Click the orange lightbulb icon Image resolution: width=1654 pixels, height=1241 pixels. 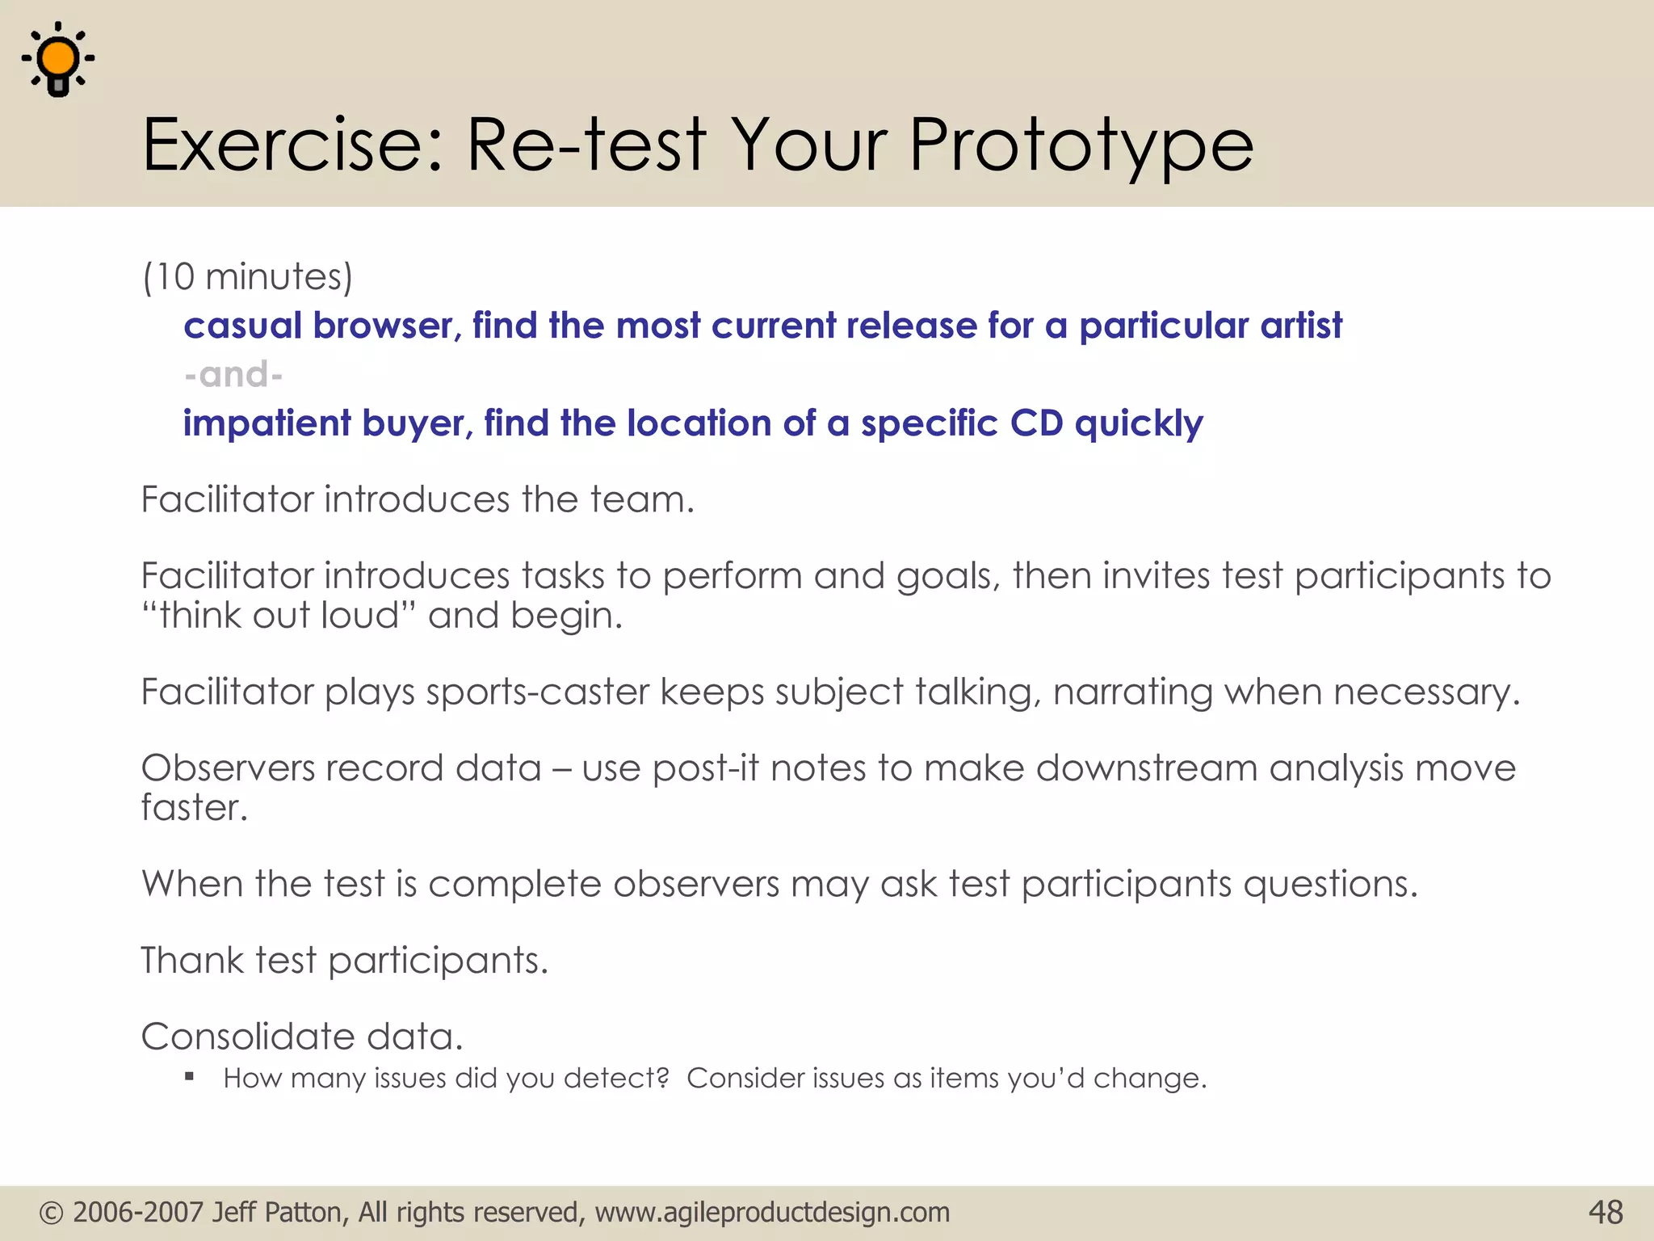(x=58, y=61)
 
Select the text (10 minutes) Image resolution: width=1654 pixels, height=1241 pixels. (x=248, y=277)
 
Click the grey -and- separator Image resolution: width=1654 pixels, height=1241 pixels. (x=233, y=375)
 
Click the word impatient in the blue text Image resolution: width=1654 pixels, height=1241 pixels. (x=267, y=424)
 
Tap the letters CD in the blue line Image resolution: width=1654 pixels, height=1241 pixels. (x=1036, y=423)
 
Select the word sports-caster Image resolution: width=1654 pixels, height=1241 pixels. (x=537, y=692)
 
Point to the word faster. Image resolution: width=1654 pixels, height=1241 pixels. (x=194, y=808)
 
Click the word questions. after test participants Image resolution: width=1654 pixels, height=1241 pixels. (x=1330, y=885)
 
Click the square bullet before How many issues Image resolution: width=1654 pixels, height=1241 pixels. (x=189, y=1076)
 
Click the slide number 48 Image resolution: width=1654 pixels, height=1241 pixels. (x=1605, y=1213)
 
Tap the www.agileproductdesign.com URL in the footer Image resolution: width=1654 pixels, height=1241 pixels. (x=772, y=1213)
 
